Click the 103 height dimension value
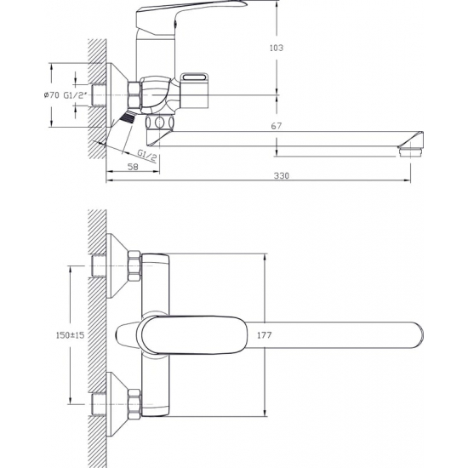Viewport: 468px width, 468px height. [277, 48]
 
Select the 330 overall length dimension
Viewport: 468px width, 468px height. [282, 176]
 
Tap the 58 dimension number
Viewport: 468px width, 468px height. [133, 167]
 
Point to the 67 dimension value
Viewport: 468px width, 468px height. [277, 126]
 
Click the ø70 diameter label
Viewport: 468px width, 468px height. [51, 95]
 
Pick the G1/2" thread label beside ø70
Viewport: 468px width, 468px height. [75, 95]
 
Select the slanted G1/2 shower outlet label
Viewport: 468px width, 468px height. [147, 156]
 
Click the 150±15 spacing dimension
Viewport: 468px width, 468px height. [70, 335]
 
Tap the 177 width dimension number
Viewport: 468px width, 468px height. [265, 335]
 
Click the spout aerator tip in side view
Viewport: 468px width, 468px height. [411, 151]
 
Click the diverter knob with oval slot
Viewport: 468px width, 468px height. [195, 90]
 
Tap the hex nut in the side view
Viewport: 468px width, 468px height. [134, 94]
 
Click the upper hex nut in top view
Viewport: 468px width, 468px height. [134, 266]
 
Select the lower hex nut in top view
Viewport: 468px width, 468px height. [134, 405]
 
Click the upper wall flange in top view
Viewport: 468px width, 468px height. [117, 265]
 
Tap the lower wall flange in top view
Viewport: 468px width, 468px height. [117, 404]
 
